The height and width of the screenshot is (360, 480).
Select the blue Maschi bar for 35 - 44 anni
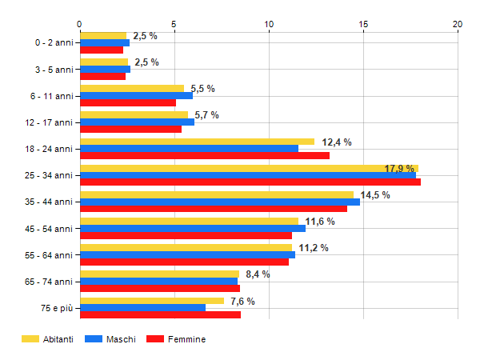click(220, 202)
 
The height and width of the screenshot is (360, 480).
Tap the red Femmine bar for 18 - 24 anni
click(205, 155)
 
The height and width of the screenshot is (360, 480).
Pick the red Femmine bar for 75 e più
click(160, 314)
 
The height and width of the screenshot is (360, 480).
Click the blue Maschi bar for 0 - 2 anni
click(105, 43)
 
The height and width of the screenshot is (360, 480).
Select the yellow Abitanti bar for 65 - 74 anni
click(159, 274)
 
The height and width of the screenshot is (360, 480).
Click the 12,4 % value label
click(337, 142)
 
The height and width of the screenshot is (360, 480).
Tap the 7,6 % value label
click(242, 301)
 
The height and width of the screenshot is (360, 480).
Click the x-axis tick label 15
click(364, 25)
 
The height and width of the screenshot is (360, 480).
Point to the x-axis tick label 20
click(458, 25)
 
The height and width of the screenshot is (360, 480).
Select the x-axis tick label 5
click(174, 25)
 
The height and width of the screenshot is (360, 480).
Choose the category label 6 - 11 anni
click(55, 96)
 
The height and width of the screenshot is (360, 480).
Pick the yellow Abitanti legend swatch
click(30, 339)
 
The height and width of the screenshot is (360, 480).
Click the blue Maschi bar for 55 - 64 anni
click(187, 254)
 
